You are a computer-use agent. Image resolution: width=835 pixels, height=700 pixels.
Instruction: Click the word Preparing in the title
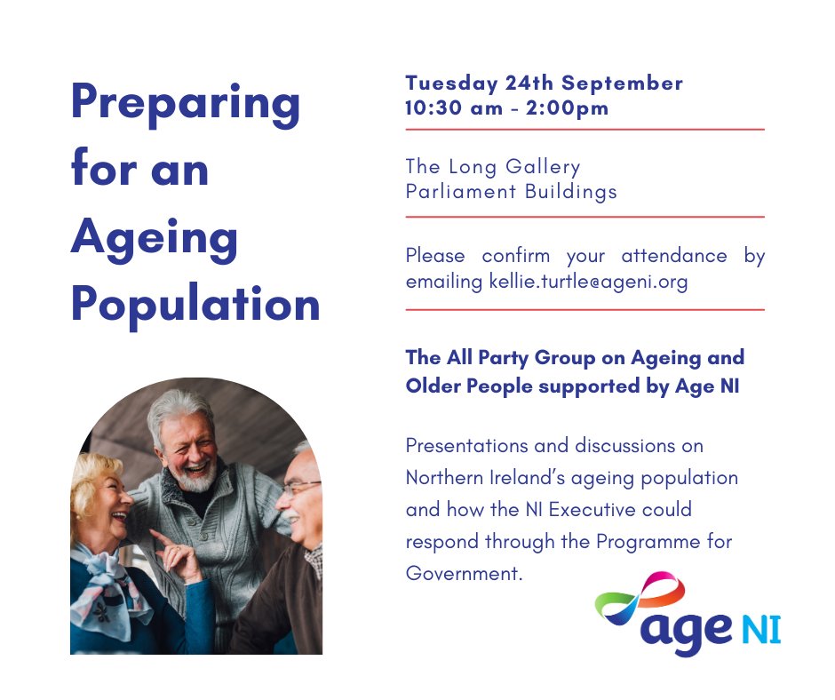pyautogui.click(x=186, y=105)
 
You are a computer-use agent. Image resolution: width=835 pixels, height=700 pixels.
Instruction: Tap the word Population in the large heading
pyautogui.click(x=195, y=304)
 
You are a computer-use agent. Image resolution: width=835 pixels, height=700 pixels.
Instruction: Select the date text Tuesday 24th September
pyautogui.click(x=544, y=84)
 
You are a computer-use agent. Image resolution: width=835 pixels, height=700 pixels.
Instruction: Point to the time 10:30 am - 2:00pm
pyautogui.click(x=507, y=108)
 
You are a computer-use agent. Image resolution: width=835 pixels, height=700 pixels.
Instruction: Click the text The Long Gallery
pyautogui.click(x=493, y=166)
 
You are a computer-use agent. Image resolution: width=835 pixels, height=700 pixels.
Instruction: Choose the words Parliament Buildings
pyautogui.click(x=511, y=191)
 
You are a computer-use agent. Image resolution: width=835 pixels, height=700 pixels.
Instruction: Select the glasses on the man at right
pyautogui.click(x=301, y=487)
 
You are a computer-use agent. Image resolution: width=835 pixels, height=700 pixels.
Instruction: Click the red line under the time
pyautogui.click(x=584, y=130)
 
